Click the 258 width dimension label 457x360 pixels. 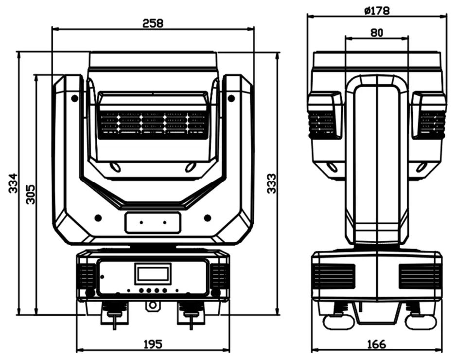click(153, 23)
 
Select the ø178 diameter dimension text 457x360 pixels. click(377, 10)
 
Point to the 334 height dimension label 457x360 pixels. click(13, 183)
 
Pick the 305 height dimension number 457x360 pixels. click(31, 194)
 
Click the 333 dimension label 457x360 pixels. click(272, 183)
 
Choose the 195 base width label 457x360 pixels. click(153, 344)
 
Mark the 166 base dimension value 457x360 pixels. click(376, 344)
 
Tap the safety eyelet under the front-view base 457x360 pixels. click(153, 305)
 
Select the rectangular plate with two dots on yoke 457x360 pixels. click(153, 222)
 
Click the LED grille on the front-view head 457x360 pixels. click(153, 122)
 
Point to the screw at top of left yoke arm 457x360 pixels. click(74, 98)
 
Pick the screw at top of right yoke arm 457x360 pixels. click(231, 98)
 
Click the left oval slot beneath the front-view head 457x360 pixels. click(115, 167)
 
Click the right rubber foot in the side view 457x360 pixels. click(421, 321)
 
